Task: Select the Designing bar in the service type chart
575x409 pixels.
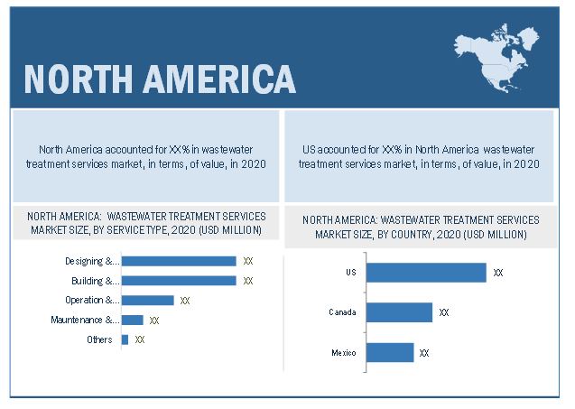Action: point(179,261)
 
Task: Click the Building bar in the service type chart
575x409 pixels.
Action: point(179,281)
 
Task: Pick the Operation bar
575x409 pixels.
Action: point(147,300)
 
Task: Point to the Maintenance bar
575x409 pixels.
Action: point(132,320)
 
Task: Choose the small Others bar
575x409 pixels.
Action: point(125,339)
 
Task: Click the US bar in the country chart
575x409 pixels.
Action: point(426,272)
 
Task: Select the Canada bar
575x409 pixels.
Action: point(399,312)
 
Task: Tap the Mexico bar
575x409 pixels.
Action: point(390,352)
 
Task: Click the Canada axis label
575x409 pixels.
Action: point(342,312)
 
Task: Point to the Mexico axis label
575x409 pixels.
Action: point(343,352)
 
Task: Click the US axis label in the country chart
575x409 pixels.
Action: point(350,272)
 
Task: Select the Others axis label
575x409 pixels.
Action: point(100,339)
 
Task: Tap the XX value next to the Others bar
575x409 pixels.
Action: point(140,340)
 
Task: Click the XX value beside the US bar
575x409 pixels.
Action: point(498,273)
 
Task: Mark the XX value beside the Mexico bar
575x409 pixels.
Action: point(424,353)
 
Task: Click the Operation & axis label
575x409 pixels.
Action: point(92,300)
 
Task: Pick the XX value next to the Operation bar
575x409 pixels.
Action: point(185,301)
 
